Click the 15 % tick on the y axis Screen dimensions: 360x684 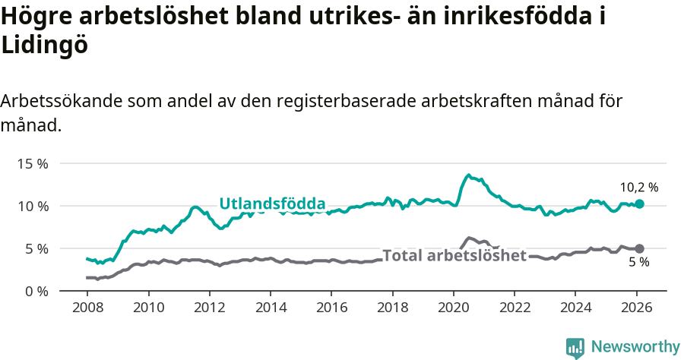click(x=31, y=163)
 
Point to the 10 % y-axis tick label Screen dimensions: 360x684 click(x=31, y=206)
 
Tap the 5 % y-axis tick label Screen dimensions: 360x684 click(x=34, y=248)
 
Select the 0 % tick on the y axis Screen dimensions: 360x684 click(x=34, y=291)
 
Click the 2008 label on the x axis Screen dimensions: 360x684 click(x=87, y=308)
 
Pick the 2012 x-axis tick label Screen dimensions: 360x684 click(x=209, y=308)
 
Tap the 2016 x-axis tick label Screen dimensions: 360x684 click(x=331, y=308)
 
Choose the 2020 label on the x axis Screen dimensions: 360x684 click(x=454, y=308)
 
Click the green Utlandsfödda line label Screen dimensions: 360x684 click(x=272, y=204)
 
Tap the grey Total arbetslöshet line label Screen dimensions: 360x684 click(x=454, y=256)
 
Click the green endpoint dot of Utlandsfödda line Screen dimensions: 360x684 click(x=640, y=204)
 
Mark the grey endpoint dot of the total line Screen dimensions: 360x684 click(x=640, y=248)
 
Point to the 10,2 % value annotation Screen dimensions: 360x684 click(x=638, y=187)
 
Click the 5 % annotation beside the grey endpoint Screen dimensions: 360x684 click(x=638, y=263)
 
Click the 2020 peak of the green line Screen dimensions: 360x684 click(x=468, y=175)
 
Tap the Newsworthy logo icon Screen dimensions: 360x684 click(x=575, y=348)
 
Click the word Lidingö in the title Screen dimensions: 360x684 click(x=44, y=45)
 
